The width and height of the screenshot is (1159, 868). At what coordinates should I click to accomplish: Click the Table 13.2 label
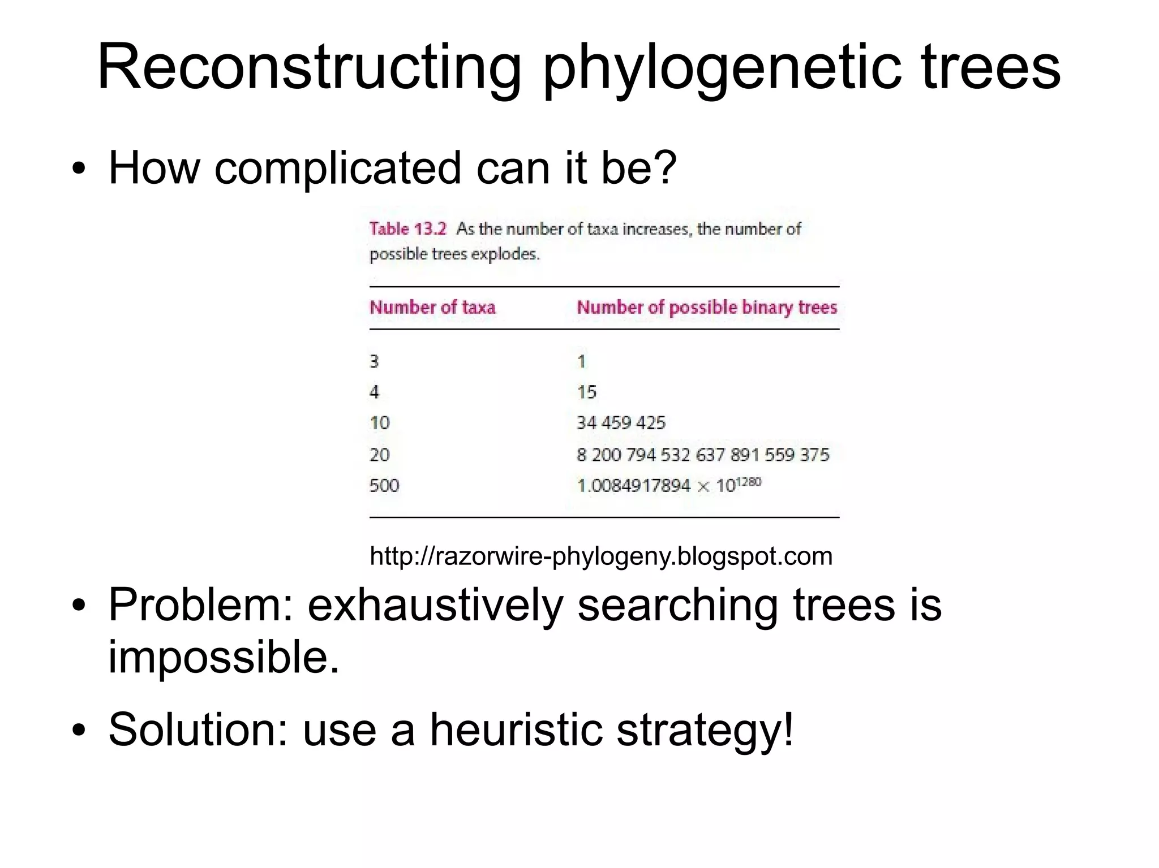point(407,229)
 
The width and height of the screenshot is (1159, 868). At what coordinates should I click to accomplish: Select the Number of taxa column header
point(432,308)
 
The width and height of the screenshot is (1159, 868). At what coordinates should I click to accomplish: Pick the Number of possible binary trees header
point(706,308)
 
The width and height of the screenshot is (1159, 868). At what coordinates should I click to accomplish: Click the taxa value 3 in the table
point(374,361)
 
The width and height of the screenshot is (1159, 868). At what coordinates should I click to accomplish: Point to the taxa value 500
point(384,485)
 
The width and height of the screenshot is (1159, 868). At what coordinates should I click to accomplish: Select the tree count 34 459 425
point(621,423)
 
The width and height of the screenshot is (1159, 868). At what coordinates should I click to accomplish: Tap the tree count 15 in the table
point(586,392)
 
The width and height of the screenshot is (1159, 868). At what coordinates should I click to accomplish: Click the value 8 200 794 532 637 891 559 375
point(702,455)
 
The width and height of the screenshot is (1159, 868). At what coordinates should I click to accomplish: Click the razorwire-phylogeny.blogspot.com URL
point(600,556)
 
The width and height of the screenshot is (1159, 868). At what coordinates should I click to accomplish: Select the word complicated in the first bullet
point(337,168)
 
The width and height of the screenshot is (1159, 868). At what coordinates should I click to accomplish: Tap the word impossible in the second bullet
point(224,658)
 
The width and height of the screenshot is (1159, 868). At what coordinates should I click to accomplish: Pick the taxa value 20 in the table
point(379,455)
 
